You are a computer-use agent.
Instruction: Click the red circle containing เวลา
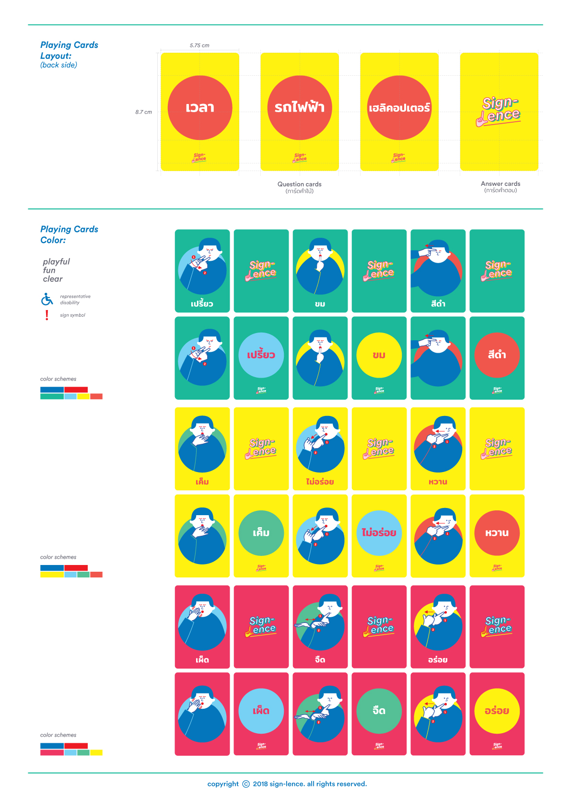point(200,108)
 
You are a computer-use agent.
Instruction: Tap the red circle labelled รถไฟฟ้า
point(300,108)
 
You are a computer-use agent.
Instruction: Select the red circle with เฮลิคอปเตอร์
point(399,108)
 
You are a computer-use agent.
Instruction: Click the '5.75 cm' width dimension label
point(199,46)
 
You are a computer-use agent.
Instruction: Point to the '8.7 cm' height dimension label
point(143,112)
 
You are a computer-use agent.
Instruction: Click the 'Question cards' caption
point(300,184)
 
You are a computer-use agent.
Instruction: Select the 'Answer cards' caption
point(501,184)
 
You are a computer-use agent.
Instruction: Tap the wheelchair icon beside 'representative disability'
point(47,299)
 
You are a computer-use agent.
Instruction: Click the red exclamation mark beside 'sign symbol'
point(47,315)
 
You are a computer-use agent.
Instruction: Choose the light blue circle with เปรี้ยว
point(261,355)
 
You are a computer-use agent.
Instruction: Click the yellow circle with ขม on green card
point(379,355)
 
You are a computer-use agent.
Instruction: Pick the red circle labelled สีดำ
point(497,355)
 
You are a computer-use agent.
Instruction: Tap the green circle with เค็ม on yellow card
point(261,533)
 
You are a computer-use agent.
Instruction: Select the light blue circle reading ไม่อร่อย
point(379,533)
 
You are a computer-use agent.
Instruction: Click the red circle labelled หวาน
point(497,533)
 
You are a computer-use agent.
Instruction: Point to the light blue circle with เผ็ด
point(261,711)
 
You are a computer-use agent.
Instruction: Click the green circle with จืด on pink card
point(379,711)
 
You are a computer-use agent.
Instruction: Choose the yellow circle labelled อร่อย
point(497,711)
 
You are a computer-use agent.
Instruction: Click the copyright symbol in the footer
point(246,784)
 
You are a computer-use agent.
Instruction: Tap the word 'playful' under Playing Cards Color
point(56,262)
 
